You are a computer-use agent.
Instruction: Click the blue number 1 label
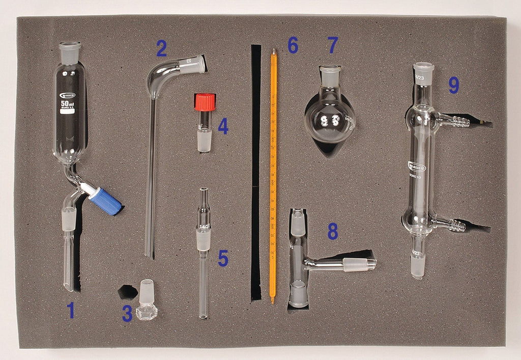[x=71, y=310]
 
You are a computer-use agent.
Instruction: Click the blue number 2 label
[x=161, y=49]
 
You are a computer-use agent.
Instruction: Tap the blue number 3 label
[x=127, y=313]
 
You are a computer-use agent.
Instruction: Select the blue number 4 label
[x=223, y=126]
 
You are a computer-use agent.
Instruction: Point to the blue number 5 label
[x=223, y=259]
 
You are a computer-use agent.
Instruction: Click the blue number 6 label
[x=293, y=45]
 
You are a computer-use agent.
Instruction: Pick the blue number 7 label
[x=333, y=45]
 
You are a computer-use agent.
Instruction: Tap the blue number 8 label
[x=332, y=232]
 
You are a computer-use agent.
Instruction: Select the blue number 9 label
[x=453, y=86]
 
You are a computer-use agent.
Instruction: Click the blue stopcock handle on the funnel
[x=105, y=201]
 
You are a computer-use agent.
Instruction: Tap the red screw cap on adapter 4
[x=205, y=102]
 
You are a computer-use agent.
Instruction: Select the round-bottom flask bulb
[x=329, y=121]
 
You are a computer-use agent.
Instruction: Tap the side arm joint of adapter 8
[x=359, y=264]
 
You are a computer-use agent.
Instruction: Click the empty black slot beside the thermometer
[x=255, y=173]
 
